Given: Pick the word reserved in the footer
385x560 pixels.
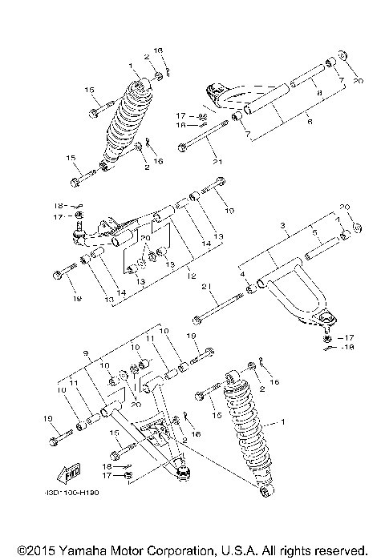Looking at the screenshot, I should click(x=343, y=551).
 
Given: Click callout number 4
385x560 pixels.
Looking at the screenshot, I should click(x=242, y=274).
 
